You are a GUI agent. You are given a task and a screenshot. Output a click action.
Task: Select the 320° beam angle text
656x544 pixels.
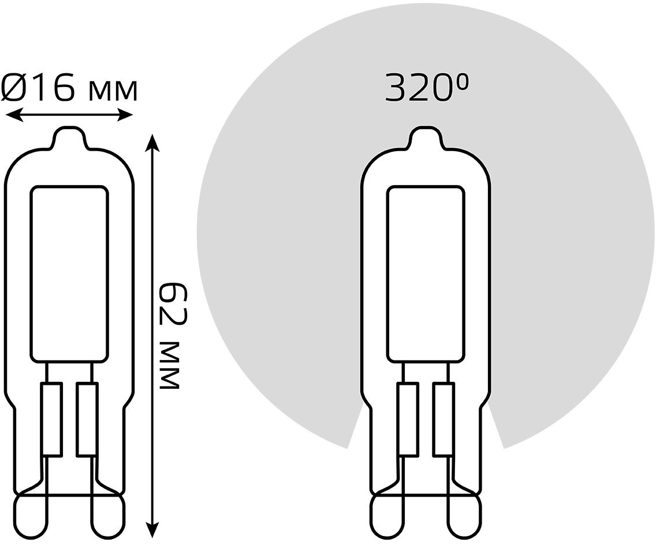click(x=426, y=87)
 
